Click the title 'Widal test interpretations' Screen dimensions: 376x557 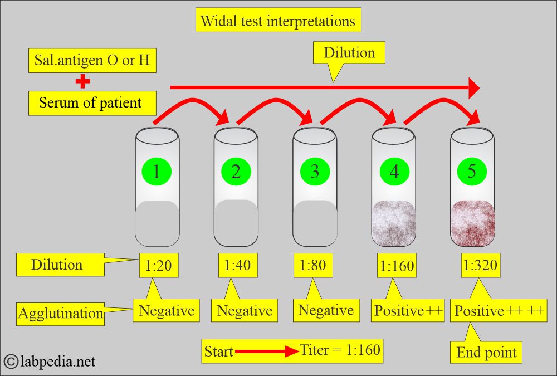tap(278, 21)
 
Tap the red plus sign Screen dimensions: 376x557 tap(83, 82)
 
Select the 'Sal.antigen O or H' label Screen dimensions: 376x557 tap(92, 61)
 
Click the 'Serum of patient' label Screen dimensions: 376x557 tap(90, 102)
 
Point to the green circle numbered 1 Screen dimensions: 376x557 tap(157, 172)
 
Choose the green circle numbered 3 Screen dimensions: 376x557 tap(315, 172)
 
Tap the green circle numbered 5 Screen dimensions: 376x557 tap(472, 172)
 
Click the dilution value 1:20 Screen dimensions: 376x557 tap(158, 265)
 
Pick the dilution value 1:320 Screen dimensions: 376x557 tap(479, 265)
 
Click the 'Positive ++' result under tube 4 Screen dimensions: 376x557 tap(408, 310)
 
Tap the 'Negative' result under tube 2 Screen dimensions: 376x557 tap(244, 310)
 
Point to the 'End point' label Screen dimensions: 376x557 tap(486, 352)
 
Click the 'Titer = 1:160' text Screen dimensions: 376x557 tap(340, 350)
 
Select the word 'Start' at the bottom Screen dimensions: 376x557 tap(218, 351)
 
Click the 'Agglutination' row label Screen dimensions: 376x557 tap(61, 313)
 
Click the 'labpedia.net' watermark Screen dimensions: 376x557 tap(56, 362)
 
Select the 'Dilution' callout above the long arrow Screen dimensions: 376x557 tap(349, 53)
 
